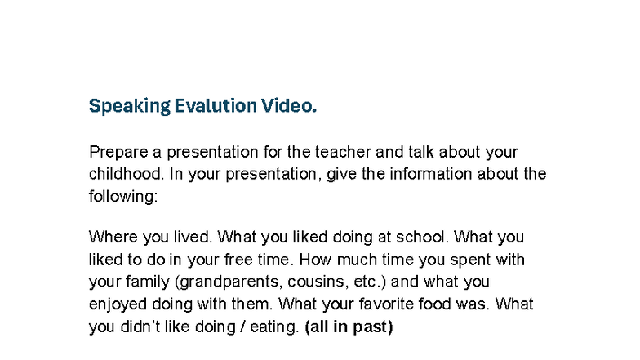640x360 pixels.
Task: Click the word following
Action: (122, 196)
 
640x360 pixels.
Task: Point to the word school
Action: (422, 238)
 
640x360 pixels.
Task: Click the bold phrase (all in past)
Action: (348, 327)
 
